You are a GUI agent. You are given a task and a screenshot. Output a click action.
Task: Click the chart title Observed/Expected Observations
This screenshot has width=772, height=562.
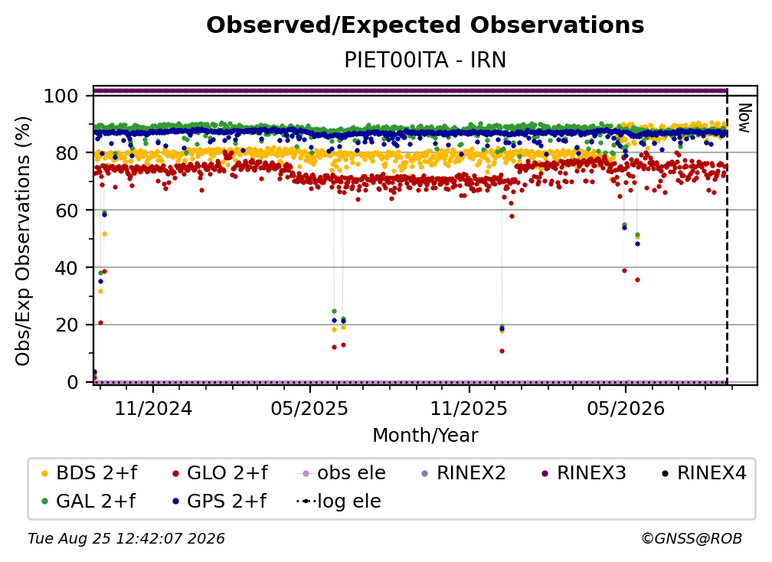click(x=425, y=25)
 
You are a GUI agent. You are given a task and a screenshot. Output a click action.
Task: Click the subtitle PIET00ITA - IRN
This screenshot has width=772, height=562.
click(x=425, y=60)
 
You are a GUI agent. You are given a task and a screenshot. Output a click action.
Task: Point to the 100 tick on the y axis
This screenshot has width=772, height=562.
click(x=61, y=96)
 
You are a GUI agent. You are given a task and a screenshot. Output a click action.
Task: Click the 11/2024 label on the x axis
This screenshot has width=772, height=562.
click(x=153, y=409)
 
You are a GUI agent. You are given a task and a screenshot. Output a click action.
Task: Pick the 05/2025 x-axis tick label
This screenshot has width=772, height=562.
click(x=309, y=409)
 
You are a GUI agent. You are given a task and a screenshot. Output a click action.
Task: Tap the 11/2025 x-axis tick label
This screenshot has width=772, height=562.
click(x=469, y=409)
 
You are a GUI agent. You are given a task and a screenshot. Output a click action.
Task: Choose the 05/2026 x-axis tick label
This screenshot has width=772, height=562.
click(x=625, y=409)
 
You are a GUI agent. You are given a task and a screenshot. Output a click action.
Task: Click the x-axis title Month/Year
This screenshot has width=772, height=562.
click(x=425, y=436)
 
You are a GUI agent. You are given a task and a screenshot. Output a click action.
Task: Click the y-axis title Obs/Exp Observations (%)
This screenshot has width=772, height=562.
click(x=23, y=241)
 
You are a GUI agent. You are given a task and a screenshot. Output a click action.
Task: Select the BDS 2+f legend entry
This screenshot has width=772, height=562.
click(x=89, y=473)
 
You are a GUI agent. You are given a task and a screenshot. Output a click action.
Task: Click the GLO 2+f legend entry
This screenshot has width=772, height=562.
click(x=220, y=473)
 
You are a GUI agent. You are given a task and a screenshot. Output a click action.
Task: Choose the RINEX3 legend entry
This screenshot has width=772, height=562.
click(x=584, y=473)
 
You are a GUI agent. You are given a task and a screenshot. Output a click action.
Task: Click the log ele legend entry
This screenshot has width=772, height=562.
click(x=339, y=502)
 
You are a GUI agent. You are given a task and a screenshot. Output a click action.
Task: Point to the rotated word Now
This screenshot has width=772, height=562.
click(x=744, y=118)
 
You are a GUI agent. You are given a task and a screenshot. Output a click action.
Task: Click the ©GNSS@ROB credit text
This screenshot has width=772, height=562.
click(x=692, y=539)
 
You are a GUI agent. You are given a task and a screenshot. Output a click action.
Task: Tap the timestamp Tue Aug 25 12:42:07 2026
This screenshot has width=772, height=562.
click(x=126, y=539)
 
